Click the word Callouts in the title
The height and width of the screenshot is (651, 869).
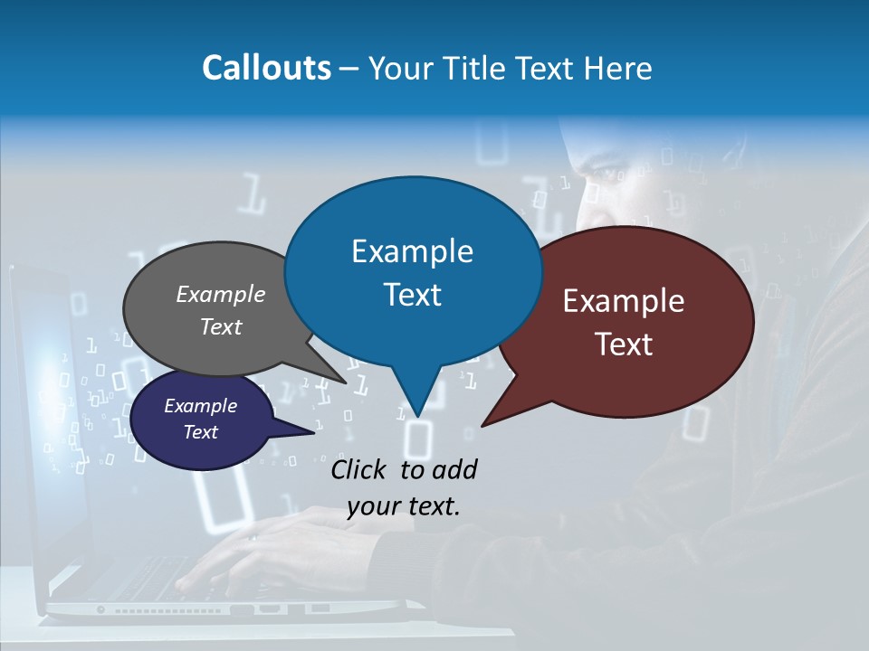[x=266, y=68]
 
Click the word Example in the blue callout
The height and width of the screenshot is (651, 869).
[x=412, y=251]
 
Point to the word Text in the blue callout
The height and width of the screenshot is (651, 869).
[x=412, y=295]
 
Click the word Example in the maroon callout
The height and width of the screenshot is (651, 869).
[x=624, y=301]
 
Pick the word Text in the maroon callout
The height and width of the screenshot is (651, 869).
[x=624, y=344]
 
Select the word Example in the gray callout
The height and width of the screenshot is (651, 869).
[x=221, y=294]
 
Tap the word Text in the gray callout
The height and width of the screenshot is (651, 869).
[x=221, y=326]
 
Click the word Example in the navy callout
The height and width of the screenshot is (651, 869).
[x=200, y=406]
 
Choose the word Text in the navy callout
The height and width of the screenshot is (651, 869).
[x=200, y=432]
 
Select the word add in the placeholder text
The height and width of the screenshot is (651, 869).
[x=454, y=469]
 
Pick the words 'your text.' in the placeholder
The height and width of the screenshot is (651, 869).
[x=404, y=506]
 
